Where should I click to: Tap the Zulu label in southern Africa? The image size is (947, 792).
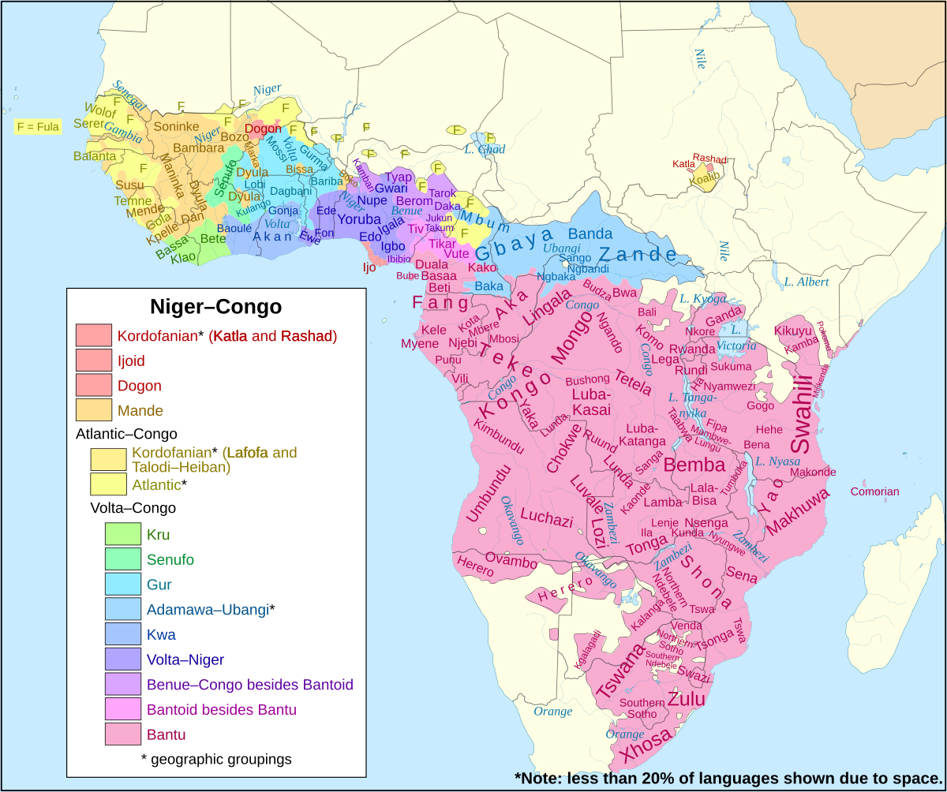(x=686, y=699)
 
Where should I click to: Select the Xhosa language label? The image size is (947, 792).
(x=647, y=746)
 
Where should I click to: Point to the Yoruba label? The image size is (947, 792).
(x=359, y=219)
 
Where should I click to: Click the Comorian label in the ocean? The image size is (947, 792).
(x=874, y=491)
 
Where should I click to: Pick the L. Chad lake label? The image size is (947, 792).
(x=485, y=149)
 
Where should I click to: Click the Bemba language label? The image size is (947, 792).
(x=694, y=465)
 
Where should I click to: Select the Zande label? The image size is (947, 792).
(x=637, y=254)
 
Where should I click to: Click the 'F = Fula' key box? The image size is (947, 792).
(x=38, y=126)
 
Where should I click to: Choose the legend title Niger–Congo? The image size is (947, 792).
(x=215, y=306)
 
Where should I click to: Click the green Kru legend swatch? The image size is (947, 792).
(x=123, y=534)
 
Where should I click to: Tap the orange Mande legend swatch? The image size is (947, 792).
(x=94, y=410)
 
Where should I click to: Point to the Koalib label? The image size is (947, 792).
(x=704, y=179)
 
